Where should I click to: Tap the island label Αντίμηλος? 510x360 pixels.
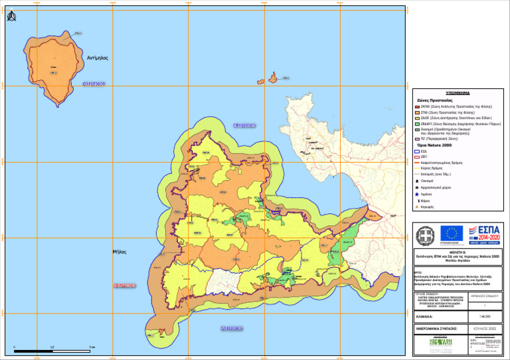pos(98,58)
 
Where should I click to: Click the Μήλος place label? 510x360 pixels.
pos(120,252)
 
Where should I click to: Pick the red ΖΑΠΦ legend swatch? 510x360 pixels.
pos(417,106)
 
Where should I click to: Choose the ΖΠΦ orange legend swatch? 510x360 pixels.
pos(417,114)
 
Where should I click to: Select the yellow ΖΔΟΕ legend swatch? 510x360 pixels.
pos(417,118)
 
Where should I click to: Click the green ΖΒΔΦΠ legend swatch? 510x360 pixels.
pos(417,124)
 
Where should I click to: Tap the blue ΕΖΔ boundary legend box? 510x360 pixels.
pos(417,151)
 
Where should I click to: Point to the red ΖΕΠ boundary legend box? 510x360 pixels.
pos(417,157)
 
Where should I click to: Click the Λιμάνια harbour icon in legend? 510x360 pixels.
pos(416,194)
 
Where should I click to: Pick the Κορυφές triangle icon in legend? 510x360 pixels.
pos(416,207)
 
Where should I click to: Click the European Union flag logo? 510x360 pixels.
pos(454,234)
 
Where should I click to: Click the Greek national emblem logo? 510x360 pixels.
pos(425,235)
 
